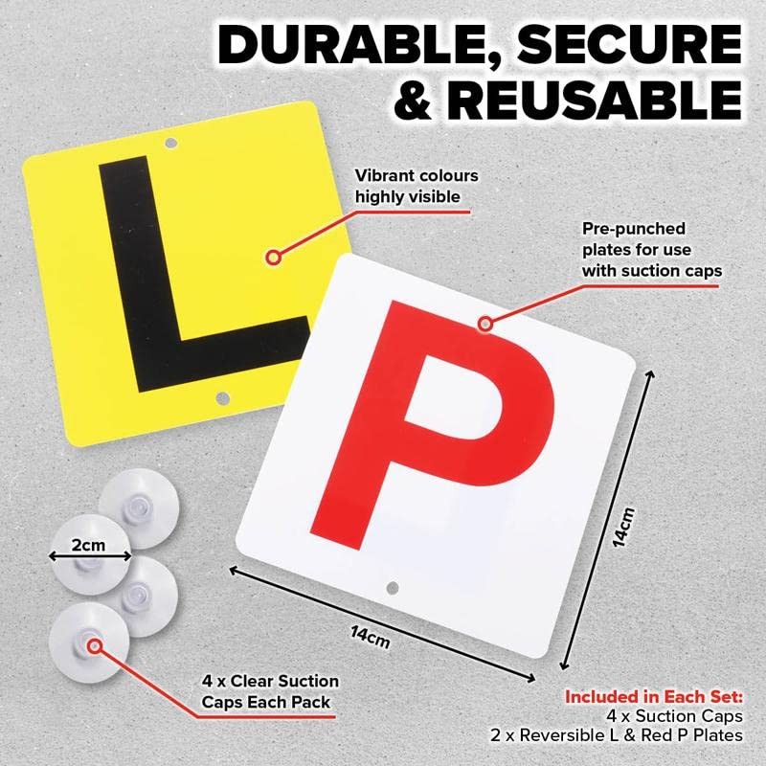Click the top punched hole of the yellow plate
click(171, 145)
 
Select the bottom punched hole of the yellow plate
click(222, 396)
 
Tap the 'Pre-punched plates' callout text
click(651, 251)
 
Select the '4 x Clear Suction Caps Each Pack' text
click(270, 691)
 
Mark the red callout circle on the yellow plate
click(275, 256)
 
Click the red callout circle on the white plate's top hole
click(485, 324)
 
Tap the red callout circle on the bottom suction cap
click(95, 645)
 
